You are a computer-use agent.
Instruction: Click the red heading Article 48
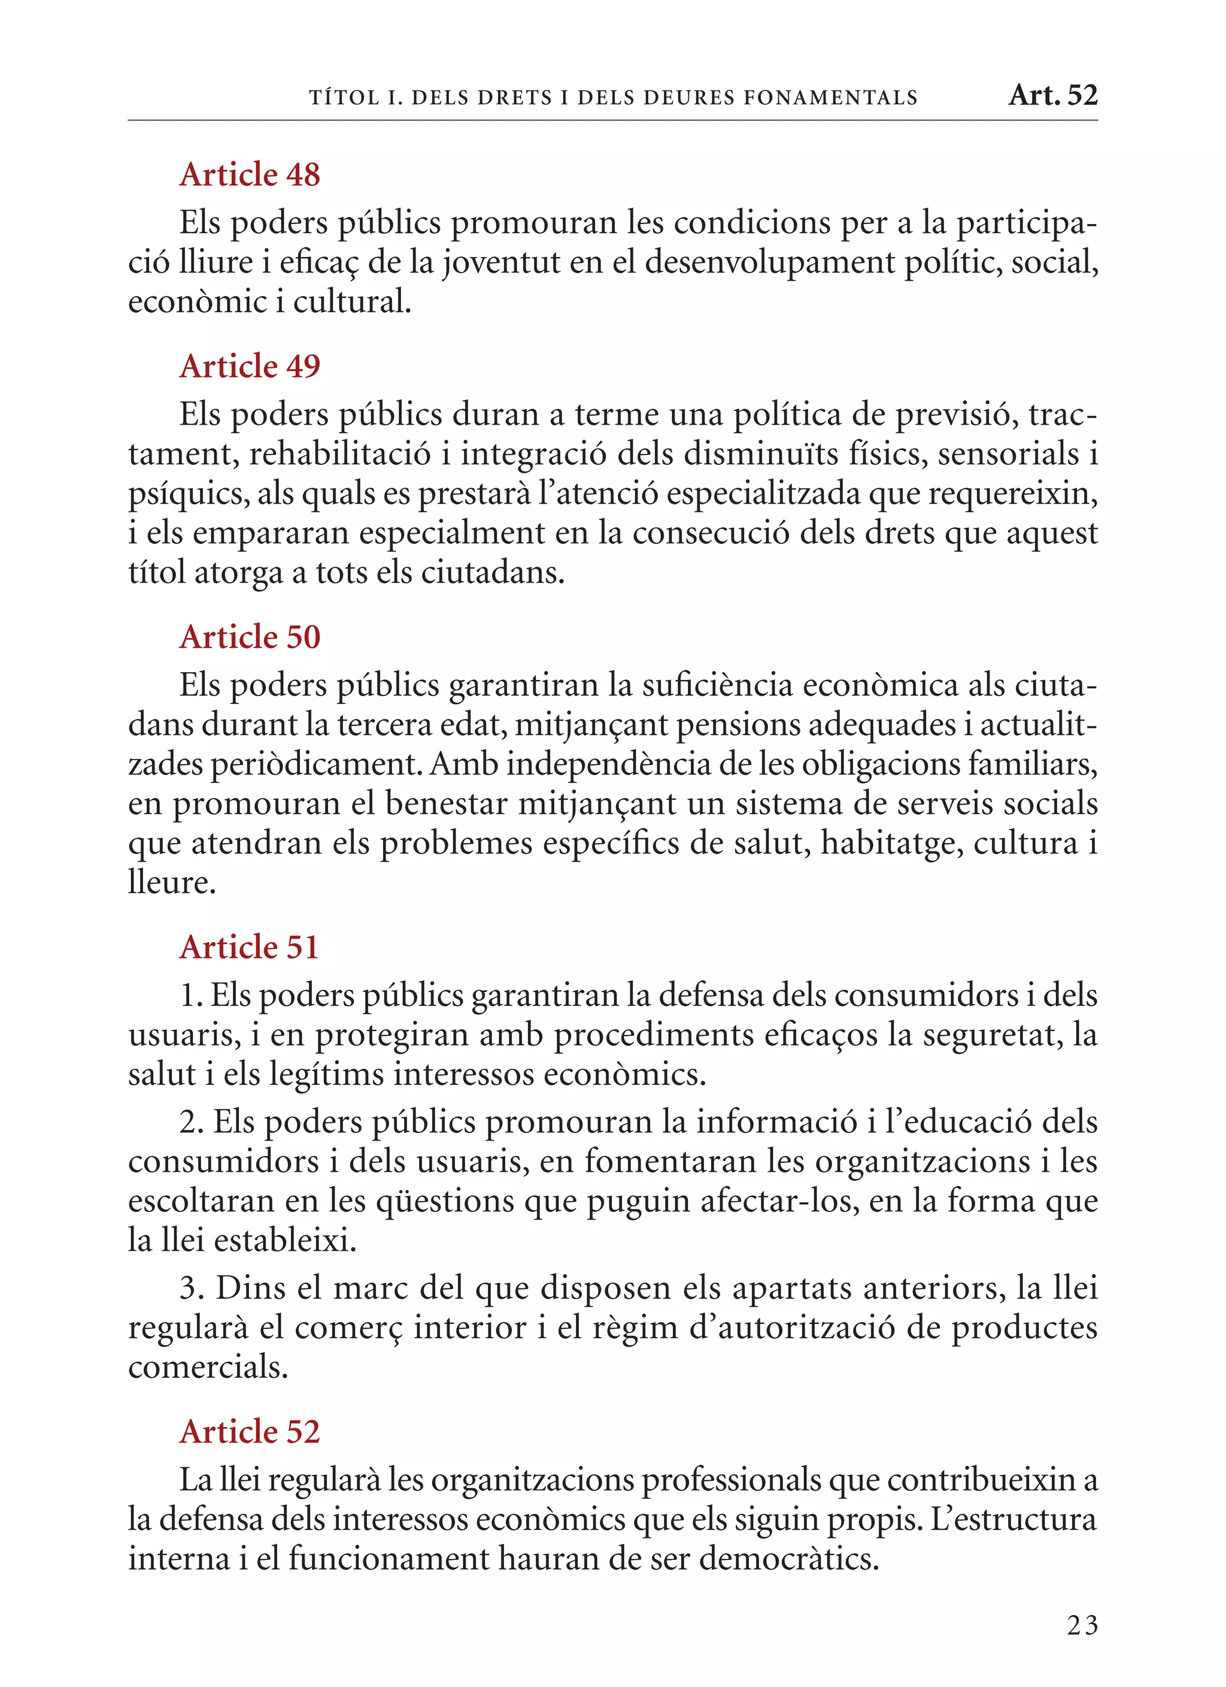[x=250, y=175]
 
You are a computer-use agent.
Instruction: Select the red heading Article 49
[x=250, y=366]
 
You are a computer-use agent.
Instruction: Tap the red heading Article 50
[x=250, y=637]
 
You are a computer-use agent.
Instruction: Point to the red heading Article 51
[x=250, y=947]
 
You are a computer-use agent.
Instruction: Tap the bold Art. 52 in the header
[x=1053, y=95]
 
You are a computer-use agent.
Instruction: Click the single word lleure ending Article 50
[x=172, y=883]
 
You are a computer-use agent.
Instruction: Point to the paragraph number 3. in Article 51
[x=192, y=1288]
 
